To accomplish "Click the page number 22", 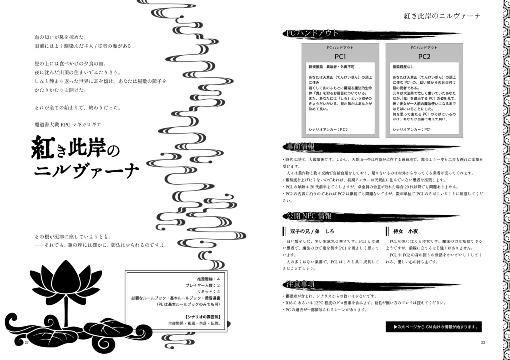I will click(x=27, y=342).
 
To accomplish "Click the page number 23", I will click(x=483, y=342).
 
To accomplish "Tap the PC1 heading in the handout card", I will click(x=340, y=56).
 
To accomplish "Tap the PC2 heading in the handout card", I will click(x=424, y=56).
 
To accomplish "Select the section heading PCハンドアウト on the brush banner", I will click(x=312, y=33).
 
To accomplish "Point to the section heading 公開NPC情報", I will click(x=310, y=216).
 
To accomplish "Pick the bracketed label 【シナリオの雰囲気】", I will click(x=205, y=316).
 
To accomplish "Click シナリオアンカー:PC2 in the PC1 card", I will click(x=328, y=130).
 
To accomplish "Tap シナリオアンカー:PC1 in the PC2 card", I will click(x=412, y=130).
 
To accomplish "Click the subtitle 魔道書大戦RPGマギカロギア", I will click(x=72, y=124).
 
